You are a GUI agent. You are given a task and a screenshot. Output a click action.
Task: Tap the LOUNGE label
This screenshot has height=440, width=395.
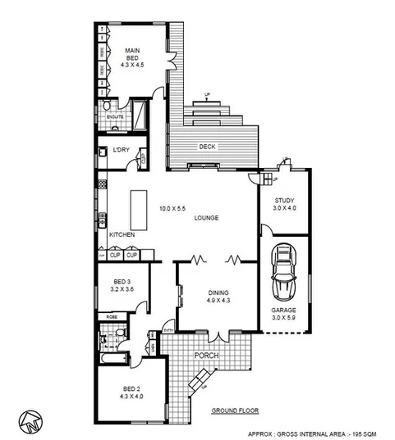point(208,219)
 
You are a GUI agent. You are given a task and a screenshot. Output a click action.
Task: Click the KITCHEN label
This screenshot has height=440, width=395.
point(122,235)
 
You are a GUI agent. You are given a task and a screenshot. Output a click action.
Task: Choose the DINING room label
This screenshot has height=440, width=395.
point(218,293)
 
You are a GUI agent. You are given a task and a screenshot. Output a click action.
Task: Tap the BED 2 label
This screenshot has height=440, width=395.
point(131,389)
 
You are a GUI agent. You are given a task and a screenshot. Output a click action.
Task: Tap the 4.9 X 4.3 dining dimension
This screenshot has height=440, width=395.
point(218,301)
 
